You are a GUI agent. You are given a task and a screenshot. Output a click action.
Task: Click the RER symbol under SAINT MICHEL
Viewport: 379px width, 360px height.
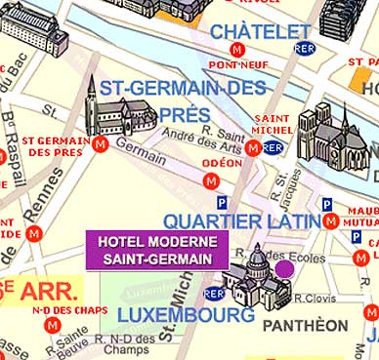point(274,147)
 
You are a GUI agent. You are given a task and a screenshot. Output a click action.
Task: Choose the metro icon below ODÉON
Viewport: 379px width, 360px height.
point(210,181)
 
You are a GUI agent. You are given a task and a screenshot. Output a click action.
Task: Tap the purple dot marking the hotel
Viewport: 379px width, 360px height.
point(284,268)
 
